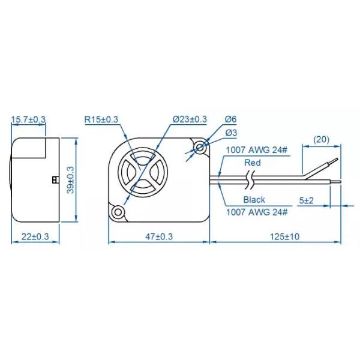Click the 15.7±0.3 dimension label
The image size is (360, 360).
coord(28,120)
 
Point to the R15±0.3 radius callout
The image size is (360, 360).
coord(101,120)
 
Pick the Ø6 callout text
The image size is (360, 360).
coord(230,120)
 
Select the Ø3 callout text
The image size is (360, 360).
coord(230,133)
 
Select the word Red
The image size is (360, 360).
coord(252,163)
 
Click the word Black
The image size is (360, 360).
coord(254,200)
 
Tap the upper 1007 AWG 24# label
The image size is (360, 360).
coord(256,152)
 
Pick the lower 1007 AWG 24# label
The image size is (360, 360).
coord(256,212)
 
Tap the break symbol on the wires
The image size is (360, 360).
coord(253,178)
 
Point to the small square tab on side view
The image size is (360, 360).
coord(55,179)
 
